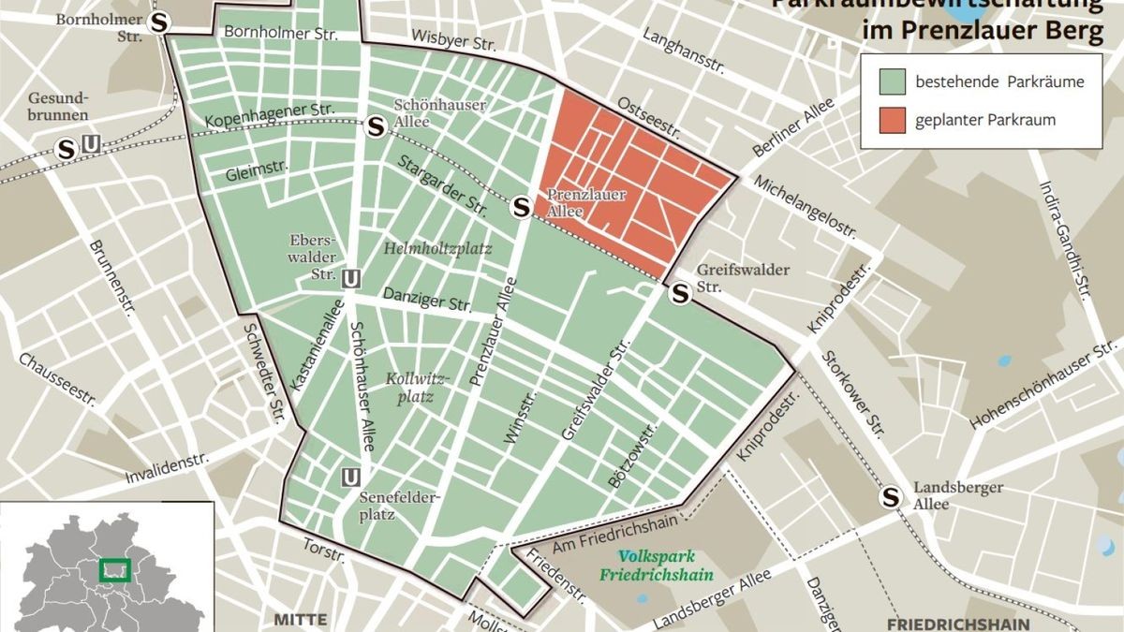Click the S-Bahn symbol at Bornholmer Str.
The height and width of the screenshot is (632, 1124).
(x=161, y=22)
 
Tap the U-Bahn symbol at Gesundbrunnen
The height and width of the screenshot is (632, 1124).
(x=91, y=145)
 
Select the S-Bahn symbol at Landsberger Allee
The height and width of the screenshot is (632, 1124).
(x=890, y=498)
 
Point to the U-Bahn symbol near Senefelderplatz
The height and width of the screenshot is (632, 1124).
(x=351, y=478)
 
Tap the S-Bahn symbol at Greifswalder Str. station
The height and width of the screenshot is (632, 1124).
(x=681, y=294)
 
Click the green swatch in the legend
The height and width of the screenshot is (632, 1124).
(x=893, y=81)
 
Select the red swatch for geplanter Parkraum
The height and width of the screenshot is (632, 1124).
(x=893, y=120)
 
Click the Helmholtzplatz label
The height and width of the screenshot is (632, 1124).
(x=437, y=248)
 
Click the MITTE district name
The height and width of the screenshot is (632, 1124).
(x=301, y=620)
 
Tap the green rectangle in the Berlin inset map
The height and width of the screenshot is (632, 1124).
(x=114, y=568)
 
